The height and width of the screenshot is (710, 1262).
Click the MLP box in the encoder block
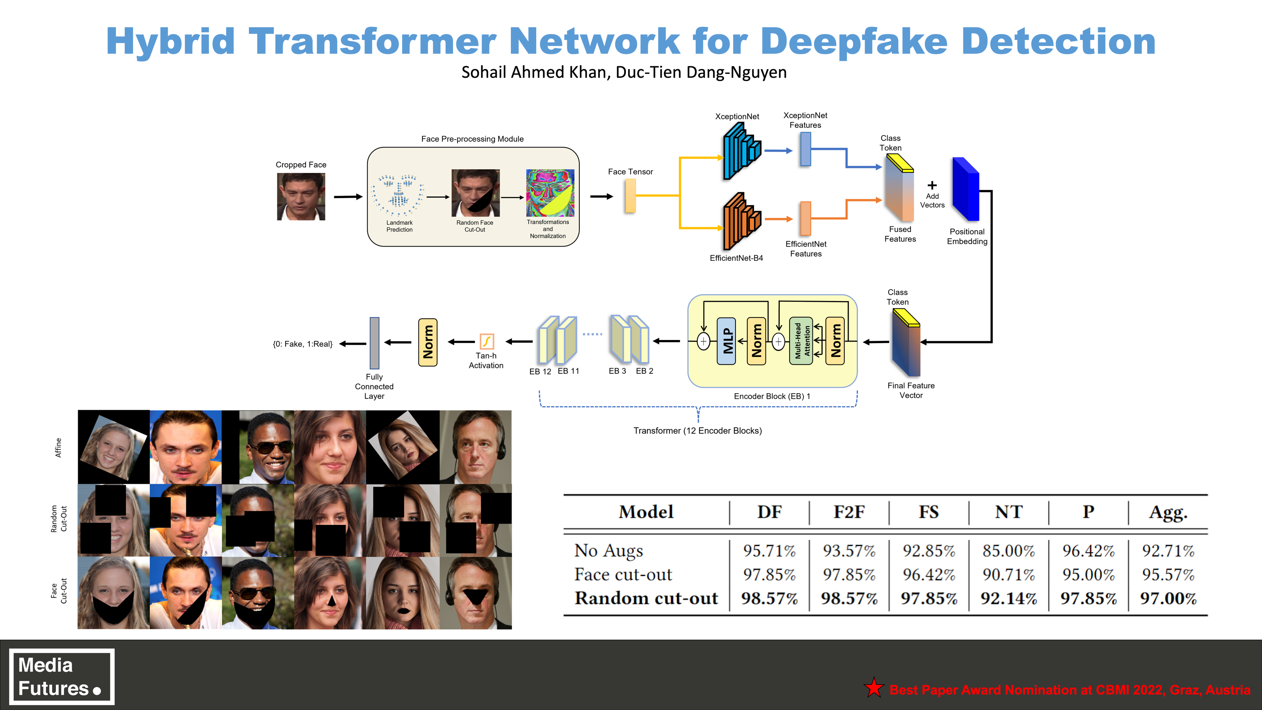pos(726,341)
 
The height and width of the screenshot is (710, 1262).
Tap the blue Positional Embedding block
pos(965,189)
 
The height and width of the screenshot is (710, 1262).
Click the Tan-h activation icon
pos(487,341)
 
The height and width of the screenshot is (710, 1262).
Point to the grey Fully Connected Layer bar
pos(374,343)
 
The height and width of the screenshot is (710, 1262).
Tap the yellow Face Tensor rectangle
pos(631,196)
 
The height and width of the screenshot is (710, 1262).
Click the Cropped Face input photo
pos(301,196)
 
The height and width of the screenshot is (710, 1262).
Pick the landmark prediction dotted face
pos(398,195)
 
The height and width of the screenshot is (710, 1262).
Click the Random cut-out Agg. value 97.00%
pos(1168,598)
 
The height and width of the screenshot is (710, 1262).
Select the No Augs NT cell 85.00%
pos(1008,551)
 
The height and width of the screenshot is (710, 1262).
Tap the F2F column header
pos(849,512)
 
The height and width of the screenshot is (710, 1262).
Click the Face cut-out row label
pos(623,574)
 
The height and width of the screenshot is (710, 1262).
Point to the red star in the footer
pos(874,688)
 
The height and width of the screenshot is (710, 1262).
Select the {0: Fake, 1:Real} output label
pos(302,344)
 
